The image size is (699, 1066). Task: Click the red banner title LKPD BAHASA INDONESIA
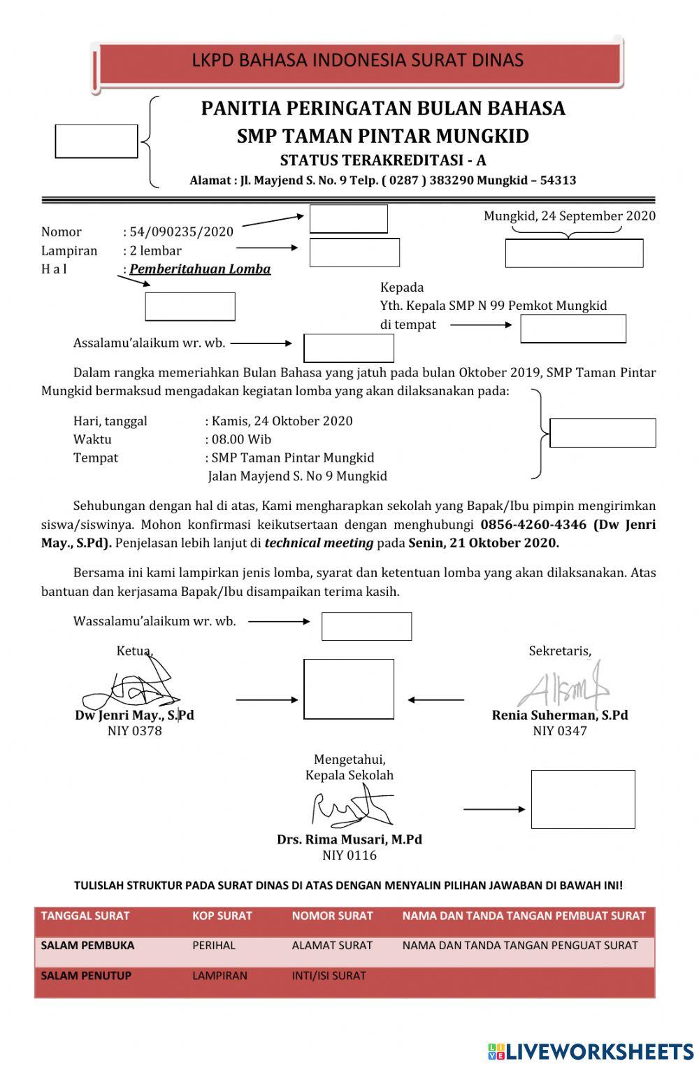357,60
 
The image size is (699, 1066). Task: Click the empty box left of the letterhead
96,141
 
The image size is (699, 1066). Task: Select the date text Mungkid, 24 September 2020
570,215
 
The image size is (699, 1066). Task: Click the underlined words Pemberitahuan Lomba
200,269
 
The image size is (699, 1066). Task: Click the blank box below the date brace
574,253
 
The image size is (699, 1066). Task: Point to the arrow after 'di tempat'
480,325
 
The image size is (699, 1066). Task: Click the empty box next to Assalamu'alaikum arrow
349,348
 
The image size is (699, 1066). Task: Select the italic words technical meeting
319,543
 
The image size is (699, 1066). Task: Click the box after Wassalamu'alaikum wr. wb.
366,626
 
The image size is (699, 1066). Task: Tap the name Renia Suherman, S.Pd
559,715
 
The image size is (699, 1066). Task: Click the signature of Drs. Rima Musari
349,807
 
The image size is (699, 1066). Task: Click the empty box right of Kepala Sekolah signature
583,800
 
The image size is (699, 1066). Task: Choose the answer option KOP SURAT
222,916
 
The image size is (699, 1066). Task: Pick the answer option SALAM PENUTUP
86,976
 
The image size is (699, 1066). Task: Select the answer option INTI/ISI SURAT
329,976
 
